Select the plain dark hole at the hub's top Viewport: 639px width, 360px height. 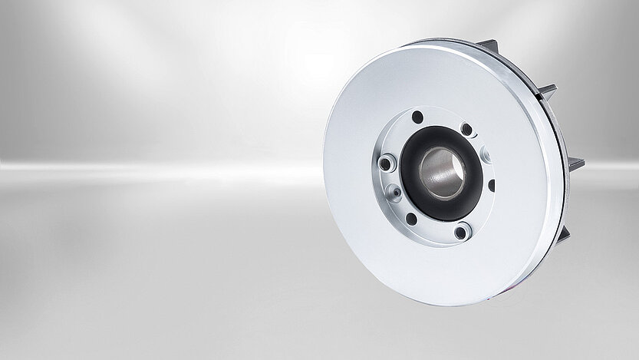pyautogui.click(x=418, y=117)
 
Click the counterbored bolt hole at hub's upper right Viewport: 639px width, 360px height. pyautogui.click(x=466, y=129)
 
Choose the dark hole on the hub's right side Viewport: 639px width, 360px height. pyautogui.click(x=490, y=183)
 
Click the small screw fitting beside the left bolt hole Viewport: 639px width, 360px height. pyautogui.click(x=394, y=190)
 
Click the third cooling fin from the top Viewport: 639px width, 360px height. pyautogui.click(x=574, y=163)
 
